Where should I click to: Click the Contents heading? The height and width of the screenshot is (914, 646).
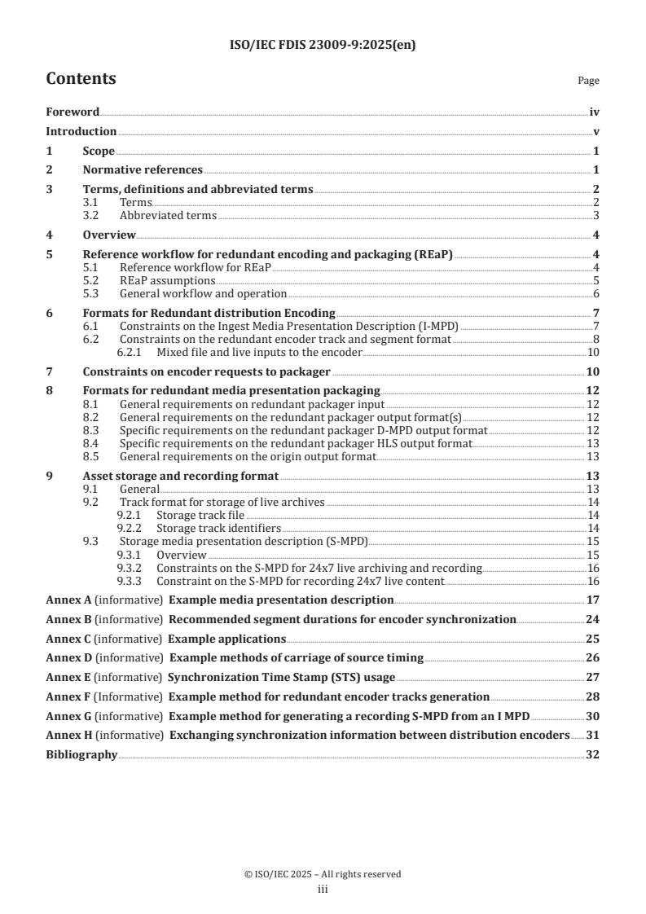[81, 79]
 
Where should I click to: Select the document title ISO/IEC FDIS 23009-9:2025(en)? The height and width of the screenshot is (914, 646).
[323, 46]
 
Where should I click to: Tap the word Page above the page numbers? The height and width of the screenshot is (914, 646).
[588, 81]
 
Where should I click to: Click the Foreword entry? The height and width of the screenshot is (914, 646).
[73, 112]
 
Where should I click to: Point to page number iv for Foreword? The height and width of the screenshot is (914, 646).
[595, 112]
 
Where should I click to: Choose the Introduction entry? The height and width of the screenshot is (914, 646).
[81, 131]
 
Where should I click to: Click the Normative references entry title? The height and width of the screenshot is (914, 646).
[143, 169]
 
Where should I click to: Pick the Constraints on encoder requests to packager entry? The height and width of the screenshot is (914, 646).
[206, 371]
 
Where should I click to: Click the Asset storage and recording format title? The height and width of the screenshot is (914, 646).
[180, 476]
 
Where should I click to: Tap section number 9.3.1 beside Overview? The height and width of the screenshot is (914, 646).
[132, 554]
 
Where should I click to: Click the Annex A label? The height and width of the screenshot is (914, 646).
[65, 600]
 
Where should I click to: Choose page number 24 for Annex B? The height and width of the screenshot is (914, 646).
[593, 619]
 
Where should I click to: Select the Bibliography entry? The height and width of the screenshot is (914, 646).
[81, 754]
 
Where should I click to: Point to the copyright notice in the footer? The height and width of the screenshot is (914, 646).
[323, 874]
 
